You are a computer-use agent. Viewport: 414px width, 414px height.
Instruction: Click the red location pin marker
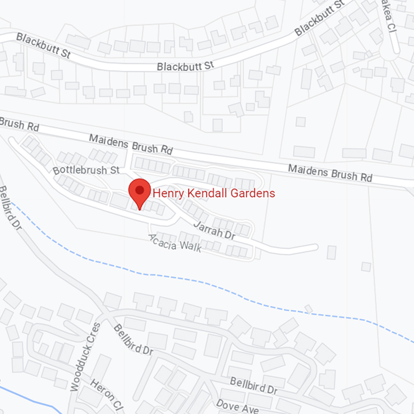(139, 194)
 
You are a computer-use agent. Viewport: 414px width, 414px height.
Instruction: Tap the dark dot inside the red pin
(139, 190)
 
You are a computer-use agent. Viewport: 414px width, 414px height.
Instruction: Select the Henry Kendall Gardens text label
(213, 194)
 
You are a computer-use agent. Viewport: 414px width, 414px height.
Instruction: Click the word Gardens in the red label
(255, 194)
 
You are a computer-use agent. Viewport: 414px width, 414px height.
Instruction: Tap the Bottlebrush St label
(86, 170)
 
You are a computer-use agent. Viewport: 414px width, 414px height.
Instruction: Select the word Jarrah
(208, 228)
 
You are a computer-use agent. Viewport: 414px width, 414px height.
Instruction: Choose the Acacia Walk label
(174, 243)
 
